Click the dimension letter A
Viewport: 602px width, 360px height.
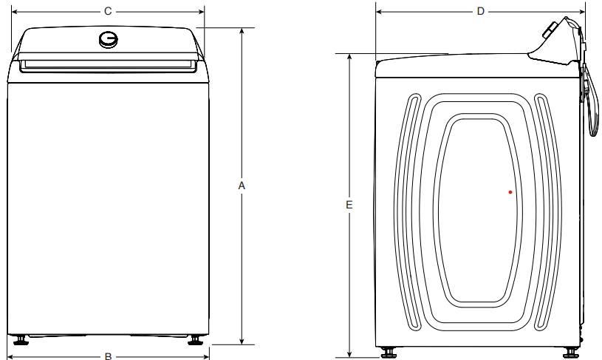pyautogui.click(x=242, y=186)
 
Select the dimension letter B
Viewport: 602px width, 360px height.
pyautogui.click(x=108, y=356)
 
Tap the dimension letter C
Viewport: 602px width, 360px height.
pyautogui.click(x=108, y=11)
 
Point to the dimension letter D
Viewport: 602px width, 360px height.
pyautogui.click(x=481, y=11)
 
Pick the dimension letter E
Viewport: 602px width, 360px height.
pyautogui.click(x=349, y=204)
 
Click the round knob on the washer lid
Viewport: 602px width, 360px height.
pyautogui.click(x=109, y=40)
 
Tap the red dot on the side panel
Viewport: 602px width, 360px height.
pyautogui.click(x=510, y=192)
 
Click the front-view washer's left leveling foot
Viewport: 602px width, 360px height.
pyautogui.click(x=21, y=341)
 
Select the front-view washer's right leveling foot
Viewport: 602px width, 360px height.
pyautogui.click(x=195, y=341)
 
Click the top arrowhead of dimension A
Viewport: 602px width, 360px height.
pyautogui.click(x=242, y=30)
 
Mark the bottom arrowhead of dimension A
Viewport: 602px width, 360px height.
pyautogui.click(x=242, y=342)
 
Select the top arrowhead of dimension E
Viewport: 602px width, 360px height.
pyautogui.click(x=349, y=56)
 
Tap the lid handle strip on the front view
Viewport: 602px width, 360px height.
pyautogui.click(x=108, y=67)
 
